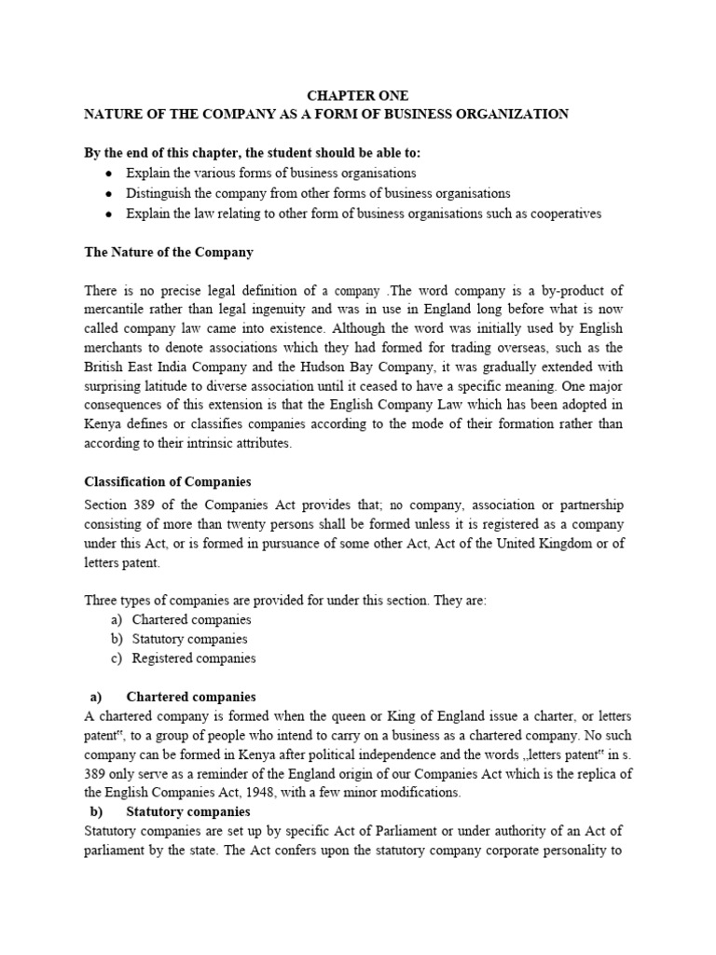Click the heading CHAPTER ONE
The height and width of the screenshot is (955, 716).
click(358, 96)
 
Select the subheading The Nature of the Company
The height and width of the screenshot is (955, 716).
click(169, 253)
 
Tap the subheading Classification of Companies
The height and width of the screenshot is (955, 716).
click(168, 482)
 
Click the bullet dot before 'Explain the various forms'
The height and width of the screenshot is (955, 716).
click(109, 173)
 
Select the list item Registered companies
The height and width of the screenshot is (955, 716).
click(194, 658)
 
